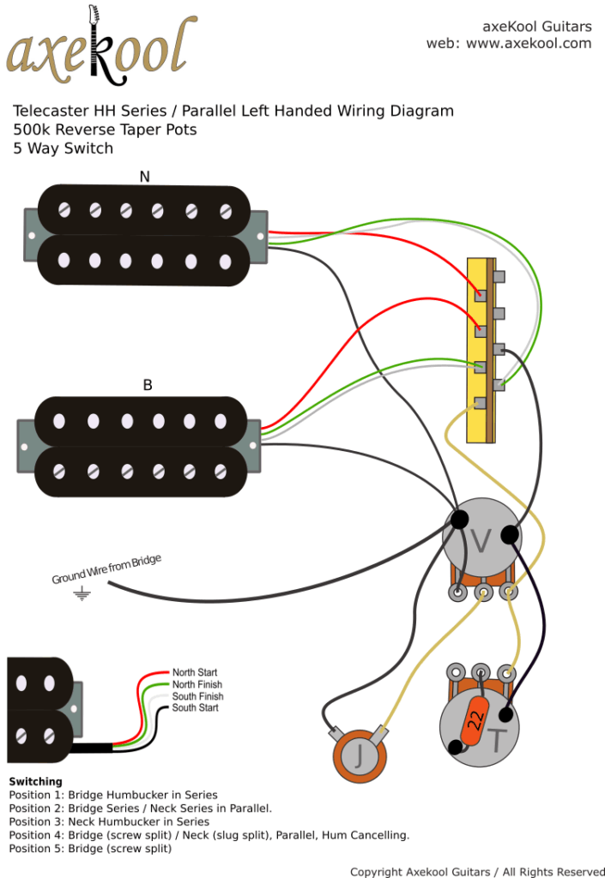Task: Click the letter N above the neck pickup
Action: click(x=144, y=177)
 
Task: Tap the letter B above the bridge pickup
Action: click(x=147, y=385)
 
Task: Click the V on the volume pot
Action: click(x=482, y=541)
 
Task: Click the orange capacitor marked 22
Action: click(x=475, y=721)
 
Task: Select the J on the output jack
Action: click(x=359, y=756)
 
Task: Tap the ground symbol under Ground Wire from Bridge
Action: click(x=82, y=593)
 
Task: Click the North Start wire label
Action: click(x=195, y=673)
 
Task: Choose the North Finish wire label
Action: click(x=197, y=684)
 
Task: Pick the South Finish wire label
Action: click(x=197, y=696)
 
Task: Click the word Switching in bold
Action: click(x=35, y=781)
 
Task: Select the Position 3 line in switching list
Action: click(x=109, y=821)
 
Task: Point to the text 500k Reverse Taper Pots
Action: click(x=105, y=129)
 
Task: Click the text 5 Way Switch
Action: click(x=63, y=148)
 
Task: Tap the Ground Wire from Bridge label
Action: click(x=106, y=569)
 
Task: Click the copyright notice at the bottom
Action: click(x=477, y=872)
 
